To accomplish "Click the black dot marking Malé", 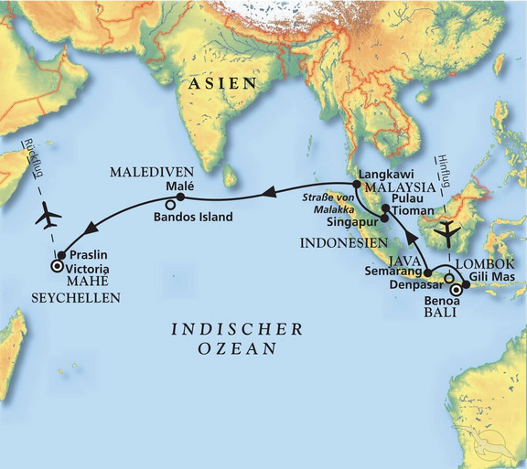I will pyautogui.click(x=180, y=197).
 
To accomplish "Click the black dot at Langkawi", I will pyautogui.click(x=357, y=184).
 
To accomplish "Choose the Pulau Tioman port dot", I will pyautogui.click(x=386, y=208).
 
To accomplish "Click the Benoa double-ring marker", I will pyautogui.click(x=457, y=293).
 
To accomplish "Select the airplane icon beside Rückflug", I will pyautogui.click(x=47, y=219).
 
